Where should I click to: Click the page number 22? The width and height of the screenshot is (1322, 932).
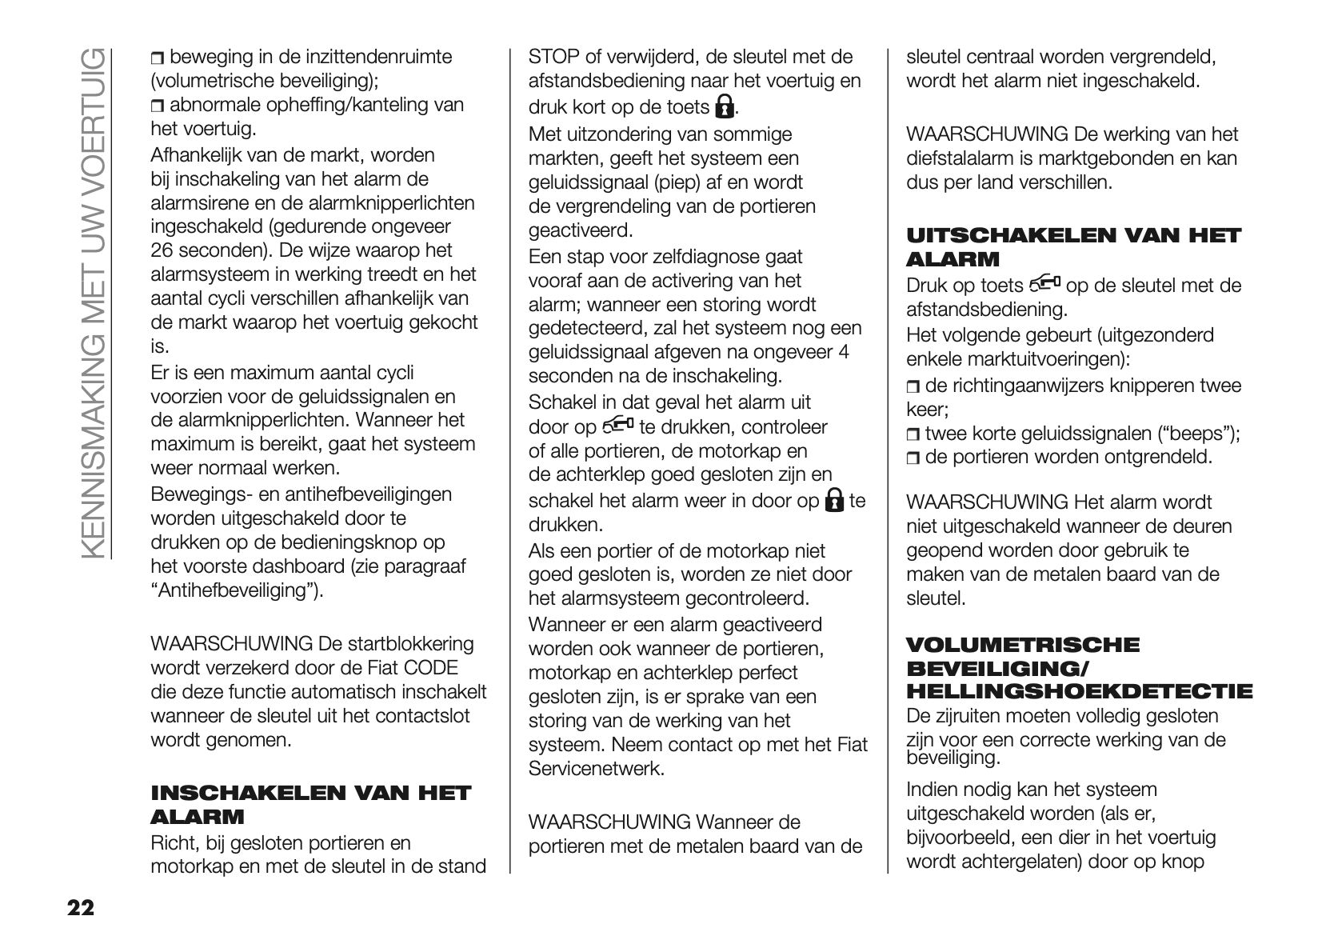pyautogui.click(x=80, y=907)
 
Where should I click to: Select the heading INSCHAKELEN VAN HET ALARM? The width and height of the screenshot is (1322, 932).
pyautogui.click(x=310, y=804)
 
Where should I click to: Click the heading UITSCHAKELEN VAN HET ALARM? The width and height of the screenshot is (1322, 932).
pyautogui.click(x=1073, y=246)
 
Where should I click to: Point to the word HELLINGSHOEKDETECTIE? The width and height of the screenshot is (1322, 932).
pyautogui.click(x=1079, y=691)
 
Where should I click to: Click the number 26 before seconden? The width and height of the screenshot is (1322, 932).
pyautogui.click(x=162, y=250)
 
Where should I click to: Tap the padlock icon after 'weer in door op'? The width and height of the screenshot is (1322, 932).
pyautogui.click(x=833, y=501)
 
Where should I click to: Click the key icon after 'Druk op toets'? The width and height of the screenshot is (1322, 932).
pyautogui.click(x=1044, y=283)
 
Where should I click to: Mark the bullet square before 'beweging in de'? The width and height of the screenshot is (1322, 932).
pyautogui.click(x=157, y=58)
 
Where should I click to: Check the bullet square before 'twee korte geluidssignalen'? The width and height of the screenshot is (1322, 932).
pyautogui.click(x=913, y=435)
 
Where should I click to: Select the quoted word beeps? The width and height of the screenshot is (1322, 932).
pyautogui.click(x=1196, y=434)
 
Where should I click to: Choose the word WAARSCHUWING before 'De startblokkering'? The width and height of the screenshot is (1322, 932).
pyautogui.click(x=231, y=644)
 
